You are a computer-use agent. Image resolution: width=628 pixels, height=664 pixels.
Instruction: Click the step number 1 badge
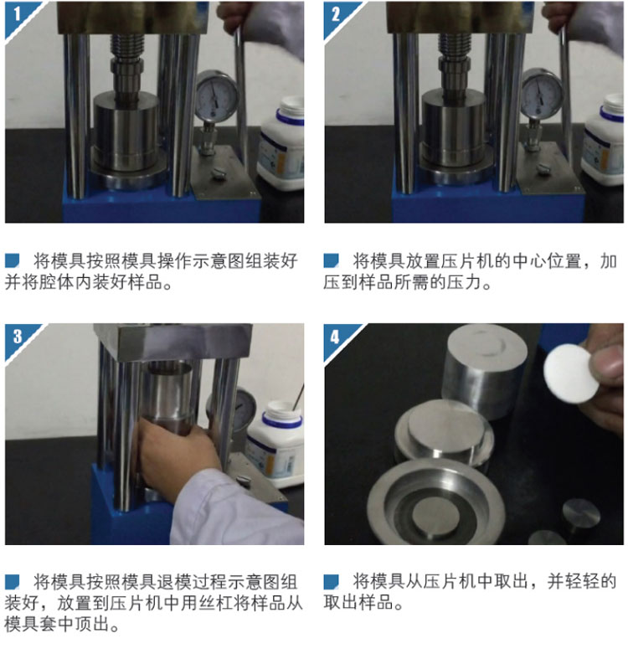tap(18, 15)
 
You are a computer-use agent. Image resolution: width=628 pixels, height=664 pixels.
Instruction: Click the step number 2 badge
tap(337, 15)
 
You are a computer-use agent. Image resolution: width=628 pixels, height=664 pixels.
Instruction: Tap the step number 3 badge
tap(18, 337)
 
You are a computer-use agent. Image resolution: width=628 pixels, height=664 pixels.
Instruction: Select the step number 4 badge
tap(337, 337)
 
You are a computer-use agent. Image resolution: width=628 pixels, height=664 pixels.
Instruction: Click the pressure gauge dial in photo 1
tap(216, 95)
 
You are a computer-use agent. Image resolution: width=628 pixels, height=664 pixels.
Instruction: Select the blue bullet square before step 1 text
tap(13, 260)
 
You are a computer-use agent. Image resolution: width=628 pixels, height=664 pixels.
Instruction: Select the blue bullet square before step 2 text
tap(331, 260)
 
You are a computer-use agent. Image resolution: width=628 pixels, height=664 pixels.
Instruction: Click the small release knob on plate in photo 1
tap(218, 173)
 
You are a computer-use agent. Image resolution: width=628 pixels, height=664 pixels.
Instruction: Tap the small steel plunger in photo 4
tap(581, 515)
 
